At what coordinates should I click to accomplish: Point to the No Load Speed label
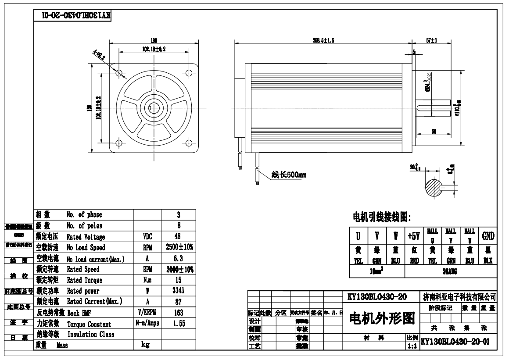(x=86, y=248)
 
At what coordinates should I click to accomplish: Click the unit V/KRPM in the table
(x=147, y=313)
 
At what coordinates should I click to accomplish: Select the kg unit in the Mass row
(x=147, y=345)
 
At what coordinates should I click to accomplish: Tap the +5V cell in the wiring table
(x=414, y=236)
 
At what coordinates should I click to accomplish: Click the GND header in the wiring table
(x=488, y=236)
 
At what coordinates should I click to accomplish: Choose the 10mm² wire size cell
(x=377, y=272)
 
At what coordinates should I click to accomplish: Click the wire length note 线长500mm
(x=289, y=175)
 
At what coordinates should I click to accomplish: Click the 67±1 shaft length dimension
(x=432, y=40)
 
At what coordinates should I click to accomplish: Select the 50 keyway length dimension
(x=434, y=131)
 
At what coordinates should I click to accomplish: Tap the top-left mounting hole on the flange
(x=118, y=72)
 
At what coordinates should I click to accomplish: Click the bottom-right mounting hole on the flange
(x=189, y=143)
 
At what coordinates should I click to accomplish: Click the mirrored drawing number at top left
(x=73, y=15)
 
